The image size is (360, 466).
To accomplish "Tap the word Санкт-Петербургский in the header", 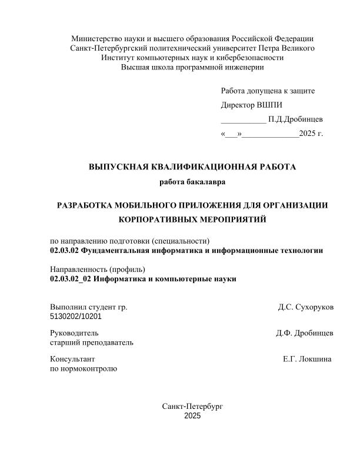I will (108, 48).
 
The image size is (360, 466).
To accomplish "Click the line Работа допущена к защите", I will (268, 91).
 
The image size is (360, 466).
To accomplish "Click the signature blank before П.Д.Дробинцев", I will (243, 119).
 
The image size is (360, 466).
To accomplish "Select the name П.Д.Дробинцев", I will (295, 119).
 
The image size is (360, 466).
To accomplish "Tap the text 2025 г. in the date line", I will (311, 134).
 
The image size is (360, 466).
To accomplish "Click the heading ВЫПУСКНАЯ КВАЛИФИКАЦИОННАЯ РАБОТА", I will (192, 167).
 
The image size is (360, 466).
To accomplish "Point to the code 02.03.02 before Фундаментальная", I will (64, 250).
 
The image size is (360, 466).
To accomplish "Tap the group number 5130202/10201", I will (76, 316).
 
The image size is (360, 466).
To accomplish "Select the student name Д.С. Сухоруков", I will (306, 307).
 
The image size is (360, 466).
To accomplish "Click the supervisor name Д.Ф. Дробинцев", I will (305, 333).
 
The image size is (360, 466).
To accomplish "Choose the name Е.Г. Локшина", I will (307, 359).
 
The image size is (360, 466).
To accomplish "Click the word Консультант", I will (72, 359).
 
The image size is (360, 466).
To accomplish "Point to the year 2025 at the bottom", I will (192, 416).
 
